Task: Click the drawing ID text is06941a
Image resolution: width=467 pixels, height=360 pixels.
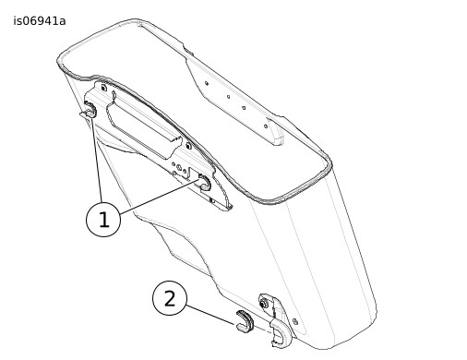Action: tap(40, 21)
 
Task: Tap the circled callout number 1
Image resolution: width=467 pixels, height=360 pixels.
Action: tap(103, 220)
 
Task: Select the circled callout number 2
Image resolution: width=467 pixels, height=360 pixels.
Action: tap(170, 298)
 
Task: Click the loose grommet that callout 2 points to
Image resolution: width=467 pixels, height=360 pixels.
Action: tap(245, 322)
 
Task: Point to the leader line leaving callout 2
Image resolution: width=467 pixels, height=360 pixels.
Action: tap(210, 315)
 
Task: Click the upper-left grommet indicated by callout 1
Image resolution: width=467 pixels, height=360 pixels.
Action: tap(90, 110)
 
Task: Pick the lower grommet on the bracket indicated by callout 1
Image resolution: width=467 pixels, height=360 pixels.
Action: tap(204, 181)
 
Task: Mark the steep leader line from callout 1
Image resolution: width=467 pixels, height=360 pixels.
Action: tap(97, 160)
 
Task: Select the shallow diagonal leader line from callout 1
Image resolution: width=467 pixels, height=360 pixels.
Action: tap(160, 198)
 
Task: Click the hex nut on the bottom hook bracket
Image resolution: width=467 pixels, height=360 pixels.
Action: tap(264, 305)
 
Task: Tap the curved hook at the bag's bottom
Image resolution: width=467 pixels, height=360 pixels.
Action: tap(280, 332)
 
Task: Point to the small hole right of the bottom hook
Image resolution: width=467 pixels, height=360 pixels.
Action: tap(295, 322)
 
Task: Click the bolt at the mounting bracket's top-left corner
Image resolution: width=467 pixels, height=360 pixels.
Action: tap(103, 88)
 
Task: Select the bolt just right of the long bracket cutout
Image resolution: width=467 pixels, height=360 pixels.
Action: tap(188, 145)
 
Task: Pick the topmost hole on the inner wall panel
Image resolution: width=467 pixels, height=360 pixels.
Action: tap(207, 83)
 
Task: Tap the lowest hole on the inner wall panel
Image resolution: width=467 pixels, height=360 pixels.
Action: tap(266, 126)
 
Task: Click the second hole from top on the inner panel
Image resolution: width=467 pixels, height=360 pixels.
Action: tap(228, 97)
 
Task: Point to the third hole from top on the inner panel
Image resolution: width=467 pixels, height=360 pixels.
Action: tap(244, 108)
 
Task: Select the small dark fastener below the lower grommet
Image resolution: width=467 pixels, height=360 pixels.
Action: tap(211, 200)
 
